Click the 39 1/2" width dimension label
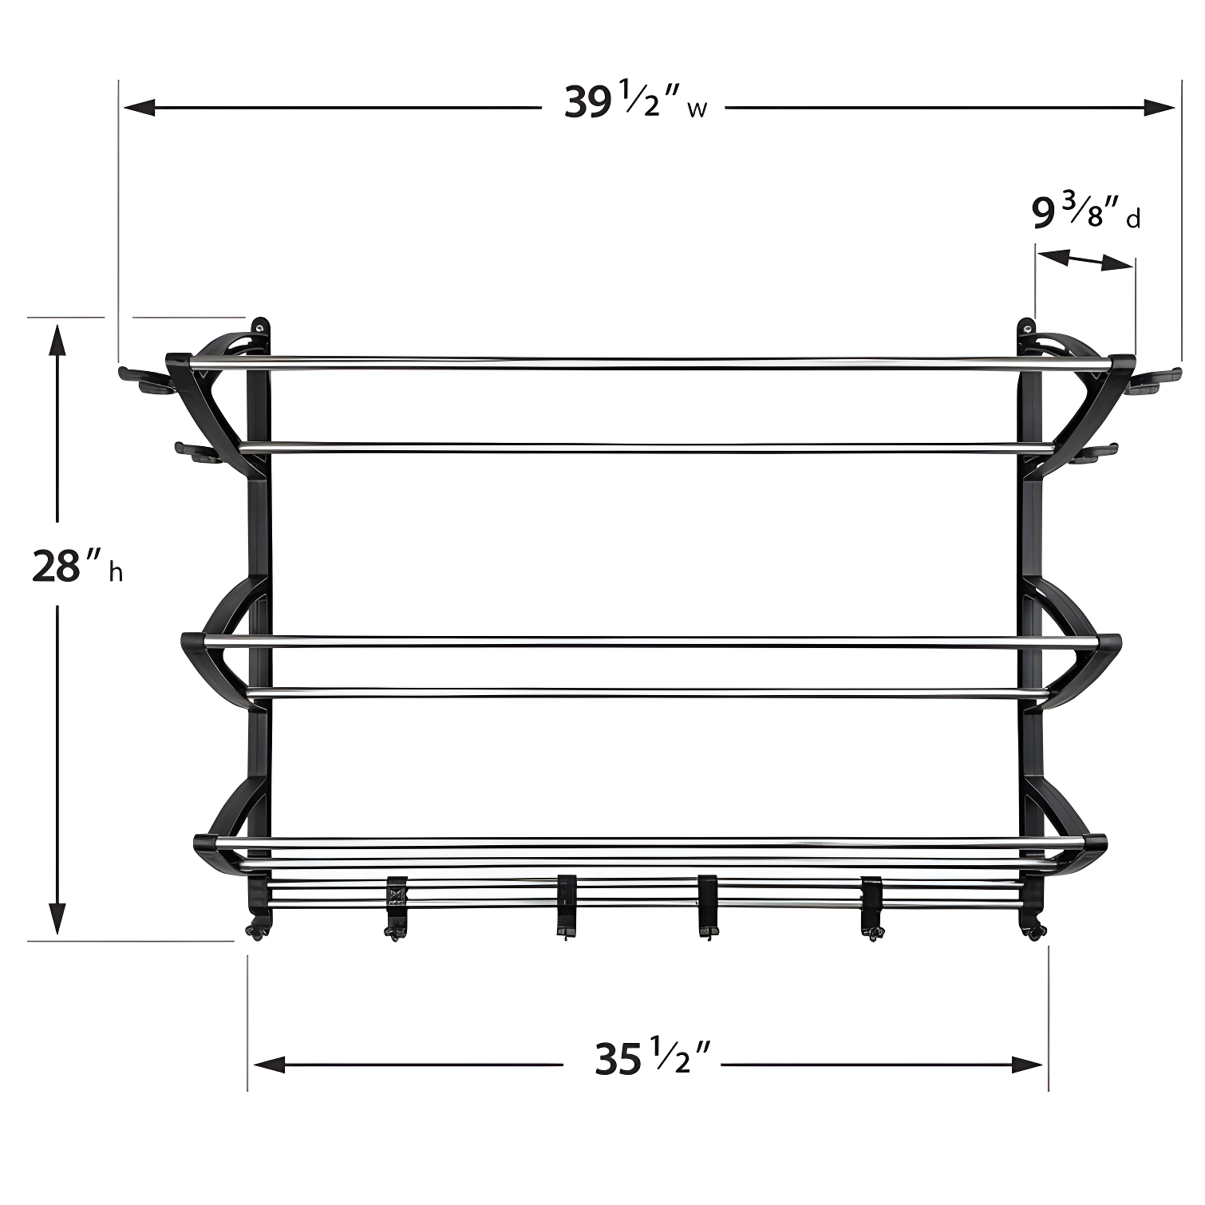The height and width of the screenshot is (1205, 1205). (635, 103)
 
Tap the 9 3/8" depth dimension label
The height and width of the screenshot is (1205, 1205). (1085, 213)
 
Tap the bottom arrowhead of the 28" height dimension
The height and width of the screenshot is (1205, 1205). (57, 918)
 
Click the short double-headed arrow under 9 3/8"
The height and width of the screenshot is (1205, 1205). (1084, 259)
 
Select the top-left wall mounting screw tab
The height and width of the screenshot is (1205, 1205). (260, 329)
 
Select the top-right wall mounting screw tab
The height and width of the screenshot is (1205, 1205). (1026, 329)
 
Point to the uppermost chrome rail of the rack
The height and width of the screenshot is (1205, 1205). (651, 364)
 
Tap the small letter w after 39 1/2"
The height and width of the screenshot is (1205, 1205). (696, 110)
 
